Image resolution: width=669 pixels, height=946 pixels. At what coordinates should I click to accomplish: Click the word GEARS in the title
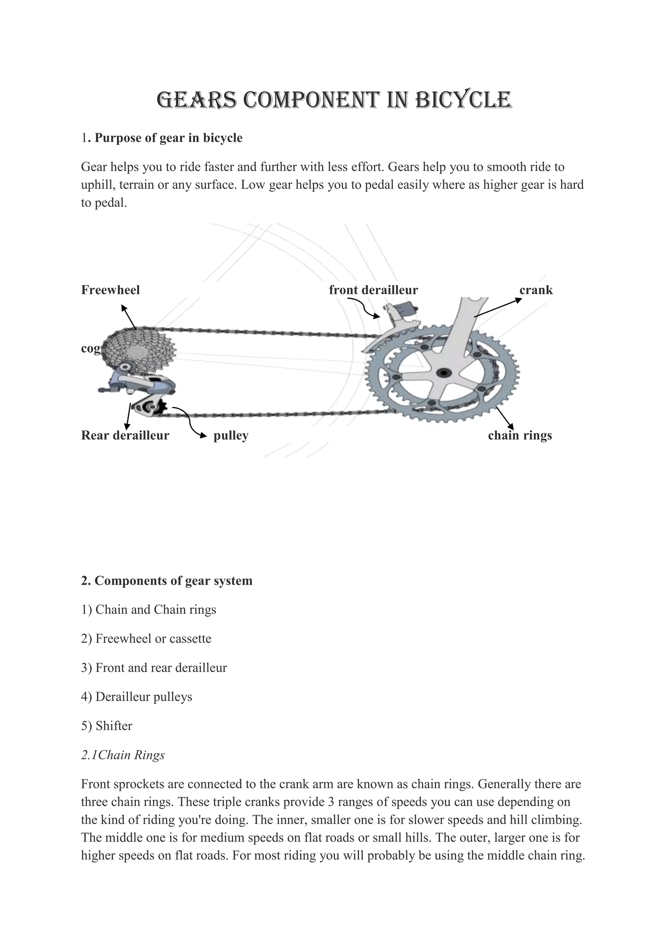(x=197, y=100)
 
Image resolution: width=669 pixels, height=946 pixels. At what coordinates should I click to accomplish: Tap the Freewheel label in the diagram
(x=110, y=290)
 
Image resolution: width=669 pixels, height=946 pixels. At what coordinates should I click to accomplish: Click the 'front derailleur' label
(x=373, y=290)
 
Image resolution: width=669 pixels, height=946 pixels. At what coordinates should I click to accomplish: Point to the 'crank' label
(x=536, y=290)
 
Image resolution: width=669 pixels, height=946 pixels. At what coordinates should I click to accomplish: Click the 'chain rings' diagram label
(x=520, y=435)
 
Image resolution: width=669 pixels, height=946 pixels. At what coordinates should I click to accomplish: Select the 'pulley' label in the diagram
(x=231, y=435)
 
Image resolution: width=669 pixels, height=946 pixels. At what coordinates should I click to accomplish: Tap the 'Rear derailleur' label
(x=125, y=435)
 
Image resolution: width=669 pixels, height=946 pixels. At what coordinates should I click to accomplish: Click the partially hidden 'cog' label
(x=90, y=349)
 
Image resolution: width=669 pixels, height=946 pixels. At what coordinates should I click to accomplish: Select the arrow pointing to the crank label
(x=498, y=307)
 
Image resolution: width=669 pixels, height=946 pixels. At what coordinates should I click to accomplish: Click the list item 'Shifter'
(x=114, y=726)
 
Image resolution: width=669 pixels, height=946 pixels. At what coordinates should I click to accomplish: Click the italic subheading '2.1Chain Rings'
(x=123, y=755)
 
